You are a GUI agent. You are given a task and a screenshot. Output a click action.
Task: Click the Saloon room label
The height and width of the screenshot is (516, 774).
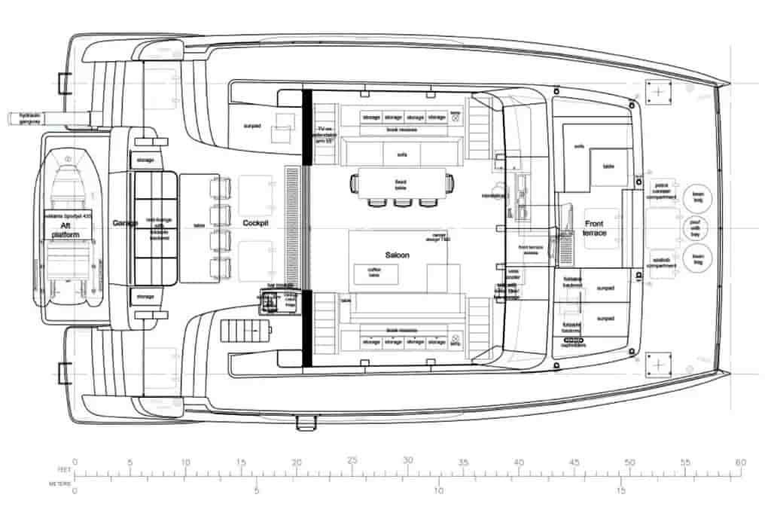click(398, 256)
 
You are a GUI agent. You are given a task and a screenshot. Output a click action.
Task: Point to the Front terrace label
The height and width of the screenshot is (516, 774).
click(593, 228)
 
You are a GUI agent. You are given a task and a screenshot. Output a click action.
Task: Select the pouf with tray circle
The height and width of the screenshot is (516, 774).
click(695, 227)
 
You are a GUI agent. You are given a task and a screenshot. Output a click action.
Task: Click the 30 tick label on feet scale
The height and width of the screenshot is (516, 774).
click(407, 461)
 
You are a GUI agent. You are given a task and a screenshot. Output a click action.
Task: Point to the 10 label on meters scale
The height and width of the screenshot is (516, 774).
click(438, 490)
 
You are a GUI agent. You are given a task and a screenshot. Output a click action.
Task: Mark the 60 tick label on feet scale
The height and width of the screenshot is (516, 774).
click(741, 461)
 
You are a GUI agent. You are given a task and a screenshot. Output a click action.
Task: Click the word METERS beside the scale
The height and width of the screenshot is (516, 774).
click(60, 483)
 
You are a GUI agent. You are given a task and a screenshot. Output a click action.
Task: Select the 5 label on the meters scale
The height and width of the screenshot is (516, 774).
click(256, 490)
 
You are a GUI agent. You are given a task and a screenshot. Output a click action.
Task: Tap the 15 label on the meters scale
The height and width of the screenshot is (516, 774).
click(620, 490)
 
